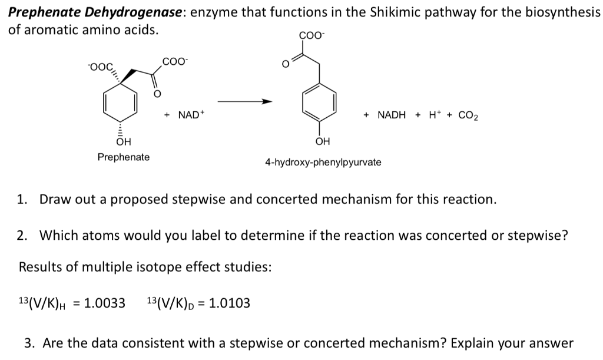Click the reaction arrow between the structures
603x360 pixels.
(245, 101)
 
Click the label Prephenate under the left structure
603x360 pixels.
(124, 157)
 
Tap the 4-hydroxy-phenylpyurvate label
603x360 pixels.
(323, 162)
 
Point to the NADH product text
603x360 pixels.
(392, 115)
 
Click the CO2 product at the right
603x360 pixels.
(468, 115)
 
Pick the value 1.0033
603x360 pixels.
(105, 303)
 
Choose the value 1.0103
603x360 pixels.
(230, 303)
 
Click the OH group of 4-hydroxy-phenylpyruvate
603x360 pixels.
(323, 141)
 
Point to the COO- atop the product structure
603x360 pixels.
(312, 35)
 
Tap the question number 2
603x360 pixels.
(22, 236)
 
